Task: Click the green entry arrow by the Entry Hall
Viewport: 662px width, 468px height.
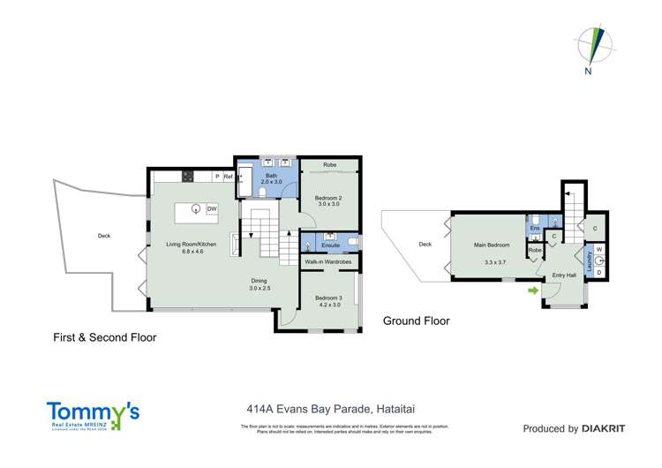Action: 532,290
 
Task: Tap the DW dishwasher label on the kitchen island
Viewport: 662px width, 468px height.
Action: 212,208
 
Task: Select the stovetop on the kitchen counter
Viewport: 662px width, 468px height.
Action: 188,177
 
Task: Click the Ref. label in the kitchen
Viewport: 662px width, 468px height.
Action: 228,177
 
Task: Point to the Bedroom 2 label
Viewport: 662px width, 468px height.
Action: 329,196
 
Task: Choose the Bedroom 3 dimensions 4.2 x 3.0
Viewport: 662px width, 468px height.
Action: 328,306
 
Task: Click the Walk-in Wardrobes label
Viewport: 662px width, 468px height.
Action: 328,262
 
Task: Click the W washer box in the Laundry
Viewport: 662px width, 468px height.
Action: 598,250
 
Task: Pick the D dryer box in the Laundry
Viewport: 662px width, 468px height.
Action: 598,272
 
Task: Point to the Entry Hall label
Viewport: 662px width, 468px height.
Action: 564,276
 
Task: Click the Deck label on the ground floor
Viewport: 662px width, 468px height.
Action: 425,245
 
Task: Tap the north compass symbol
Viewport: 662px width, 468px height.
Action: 591,49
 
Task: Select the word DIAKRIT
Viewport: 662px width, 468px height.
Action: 604,429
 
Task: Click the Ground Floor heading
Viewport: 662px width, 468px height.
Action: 416,321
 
